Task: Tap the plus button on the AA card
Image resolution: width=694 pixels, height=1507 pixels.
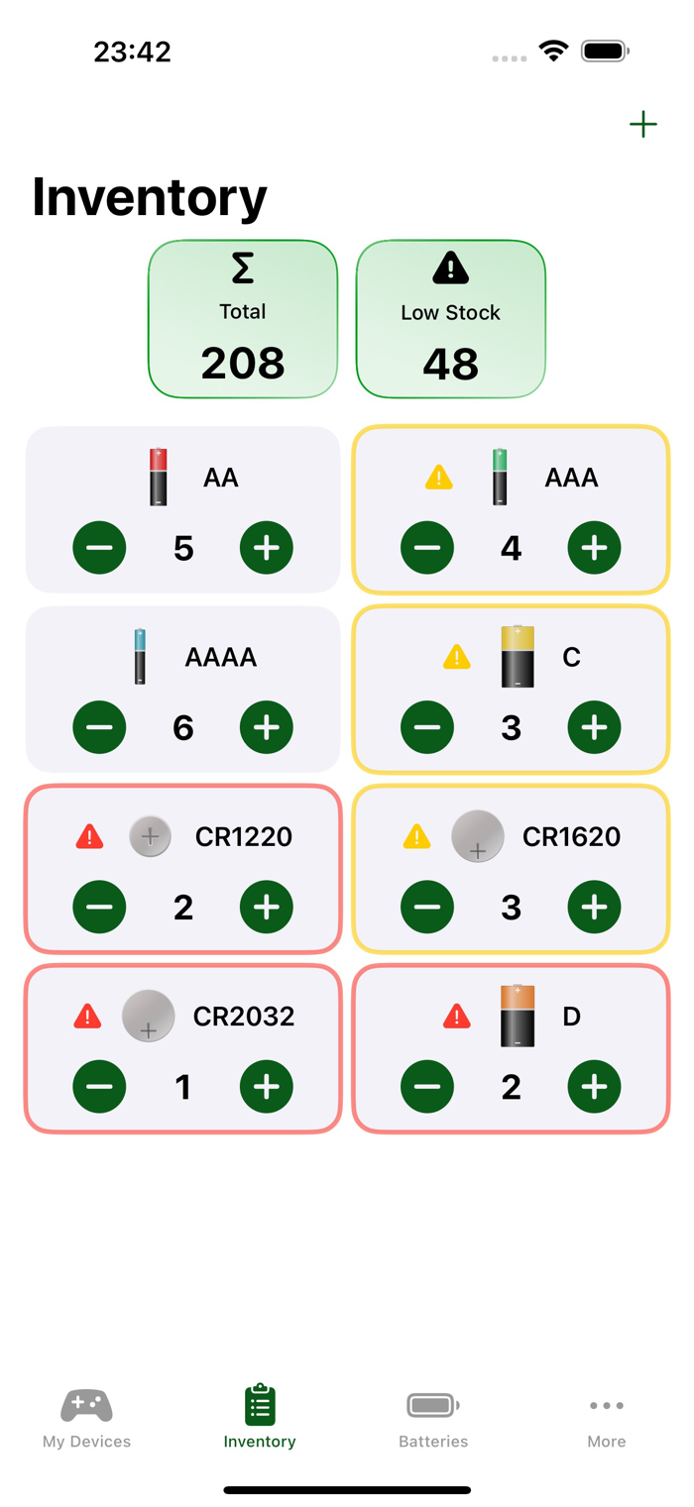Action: coord(267,548)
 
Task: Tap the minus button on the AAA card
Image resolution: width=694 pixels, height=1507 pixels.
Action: coord(427,548)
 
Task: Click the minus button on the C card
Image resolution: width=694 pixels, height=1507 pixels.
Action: coord(427,727)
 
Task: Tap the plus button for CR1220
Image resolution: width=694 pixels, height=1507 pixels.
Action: coord(267,907)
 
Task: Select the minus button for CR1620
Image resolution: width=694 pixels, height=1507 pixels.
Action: coord(427,907)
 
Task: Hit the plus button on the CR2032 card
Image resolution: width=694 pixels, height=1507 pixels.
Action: coord(267,1087)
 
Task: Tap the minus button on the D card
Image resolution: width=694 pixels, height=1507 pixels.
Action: coord(427,1087)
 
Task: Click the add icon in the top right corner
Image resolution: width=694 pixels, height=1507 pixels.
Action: coord(643,124)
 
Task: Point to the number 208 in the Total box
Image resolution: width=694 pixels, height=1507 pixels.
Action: coord(243,364)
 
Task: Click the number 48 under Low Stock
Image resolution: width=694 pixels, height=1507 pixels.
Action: coord(451,365)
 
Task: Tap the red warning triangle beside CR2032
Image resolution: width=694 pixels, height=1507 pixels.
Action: coord(88,1016)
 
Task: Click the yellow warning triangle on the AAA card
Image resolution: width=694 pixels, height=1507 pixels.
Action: coord(439,478)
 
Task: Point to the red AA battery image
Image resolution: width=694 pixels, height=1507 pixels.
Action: coord(159,477)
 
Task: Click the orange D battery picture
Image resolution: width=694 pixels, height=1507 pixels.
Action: coord(518,1016)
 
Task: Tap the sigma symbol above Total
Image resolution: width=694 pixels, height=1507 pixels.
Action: coord(243,269)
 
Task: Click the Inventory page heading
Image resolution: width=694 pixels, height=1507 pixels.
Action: coord(150,197)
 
